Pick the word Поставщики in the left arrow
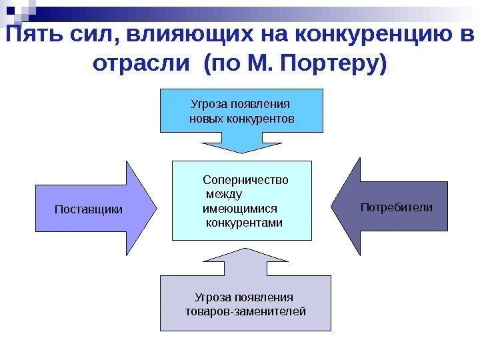tap(88, 209)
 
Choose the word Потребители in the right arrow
tap(396, 207)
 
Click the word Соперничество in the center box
tap(245, 180)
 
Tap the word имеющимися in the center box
tap(239, 208)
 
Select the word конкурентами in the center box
tap(244, 222)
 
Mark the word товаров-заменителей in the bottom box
tap(245, 311)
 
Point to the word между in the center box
tap(225, 194)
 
